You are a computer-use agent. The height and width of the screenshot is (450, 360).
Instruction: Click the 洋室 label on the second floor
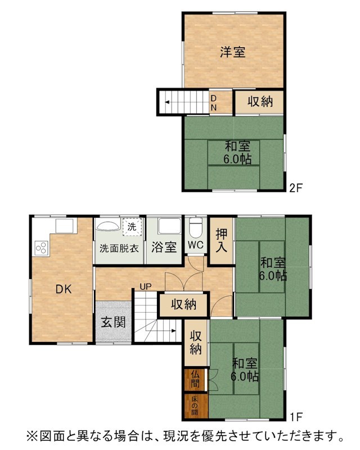tap(233, 52)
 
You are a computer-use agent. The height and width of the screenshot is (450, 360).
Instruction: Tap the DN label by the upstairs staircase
tap(214, 103)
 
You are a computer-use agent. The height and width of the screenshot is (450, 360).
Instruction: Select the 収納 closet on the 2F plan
tap(260, 102)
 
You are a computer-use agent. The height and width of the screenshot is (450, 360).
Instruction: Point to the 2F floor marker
tap(296, 188)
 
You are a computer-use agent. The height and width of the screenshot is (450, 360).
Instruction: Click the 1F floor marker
tap(296, 417)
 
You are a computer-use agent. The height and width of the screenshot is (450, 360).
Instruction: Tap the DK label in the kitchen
tap(64, 289)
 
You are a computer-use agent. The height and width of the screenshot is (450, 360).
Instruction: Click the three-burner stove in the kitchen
tap(41, 248)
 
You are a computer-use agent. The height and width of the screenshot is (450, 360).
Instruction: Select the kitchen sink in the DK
tap(65, 226)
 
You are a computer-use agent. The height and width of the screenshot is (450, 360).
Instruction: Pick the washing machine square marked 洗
tap(132, 227)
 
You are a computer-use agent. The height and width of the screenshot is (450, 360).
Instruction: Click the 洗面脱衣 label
tap(119, 248)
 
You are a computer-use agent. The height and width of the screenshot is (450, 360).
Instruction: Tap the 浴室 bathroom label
tap(164, 247)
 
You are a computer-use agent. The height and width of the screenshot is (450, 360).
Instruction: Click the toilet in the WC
tap(196, 228)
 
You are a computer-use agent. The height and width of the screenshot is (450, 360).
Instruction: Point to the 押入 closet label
tap(221, 241)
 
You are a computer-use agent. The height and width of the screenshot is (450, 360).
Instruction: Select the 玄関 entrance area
tap(113, 321)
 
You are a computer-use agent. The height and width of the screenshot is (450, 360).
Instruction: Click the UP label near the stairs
tap(146, 286)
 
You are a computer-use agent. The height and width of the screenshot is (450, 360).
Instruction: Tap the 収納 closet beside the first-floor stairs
tap(184, 304)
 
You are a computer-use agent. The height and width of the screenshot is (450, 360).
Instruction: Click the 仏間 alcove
tap(195, 379)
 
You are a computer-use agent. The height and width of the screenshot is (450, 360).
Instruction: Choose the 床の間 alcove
tap(196, 406)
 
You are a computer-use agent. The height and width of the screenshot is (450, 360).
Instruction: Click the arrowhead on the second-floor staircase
tap(167, 102)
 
